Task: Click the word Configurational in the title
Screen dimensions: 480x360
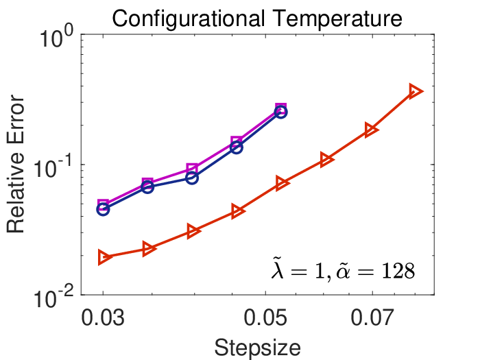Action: pos(189,19)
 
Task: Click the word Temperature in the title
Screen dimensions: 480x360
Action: pos(337,19)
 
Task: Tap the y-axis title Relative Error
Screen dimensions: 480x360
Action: pos(15,164)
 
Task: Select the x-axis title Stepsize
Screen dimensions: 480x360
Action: pos(257,348)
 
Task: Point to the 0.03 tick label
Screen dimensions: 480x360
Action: pos(103,317)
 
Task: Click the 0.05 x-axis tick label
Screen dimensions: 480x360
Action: pos(265,317)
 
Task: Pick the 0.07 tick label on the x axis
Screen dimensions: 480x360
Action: pos(372,317)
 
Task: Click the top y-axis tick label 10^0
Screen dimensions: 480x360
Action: pos(57,39)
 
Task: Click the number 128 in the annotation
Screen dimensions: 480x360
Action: pos(398,271)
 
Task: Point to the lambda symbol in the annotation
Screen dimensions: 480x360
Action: pos(278,268)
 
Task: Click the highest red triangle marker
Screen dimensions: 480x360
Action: pos(416,91)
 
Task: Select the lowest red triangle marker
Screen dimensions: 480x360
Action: pos(104,257)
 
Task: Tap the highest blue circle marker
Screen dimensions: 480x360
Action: pos(281,112)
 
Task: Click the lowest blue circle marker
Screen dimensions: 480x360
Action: pos(103,210)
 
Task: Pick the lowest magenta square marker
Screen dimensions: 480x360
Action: pos(103,204)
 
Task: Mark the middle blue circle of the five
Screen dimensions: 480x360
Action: pos(192,178)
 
